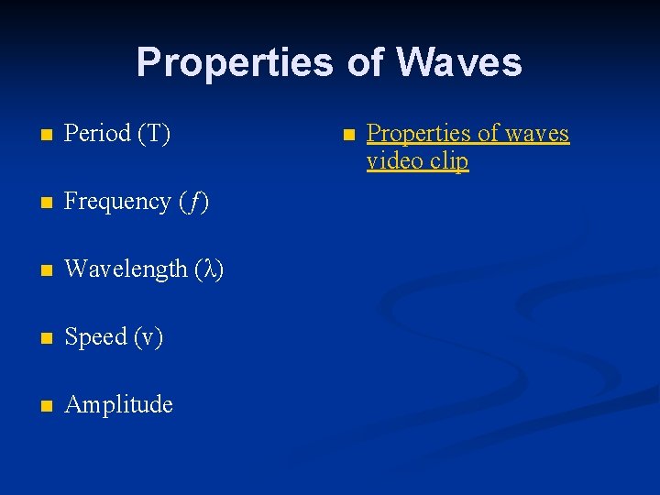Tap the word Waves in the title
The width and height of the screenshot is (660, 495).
460,62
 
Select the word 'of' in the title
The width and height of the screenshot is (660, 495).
367,62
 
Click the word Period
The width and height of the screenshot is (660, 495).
98,134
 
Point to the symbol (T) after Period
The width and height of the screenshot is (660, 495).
154,134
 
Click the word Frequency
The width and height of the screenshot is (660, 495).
116,202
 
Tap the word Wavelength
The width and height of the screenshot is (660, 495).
126,269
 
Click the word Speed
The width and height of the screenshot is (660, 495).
96,337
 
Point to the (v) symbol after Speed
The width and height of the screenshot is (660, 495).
148,337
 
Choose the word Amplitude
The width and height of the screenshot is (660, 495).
119,405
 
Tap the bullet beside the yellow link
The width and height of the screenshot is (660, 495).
348,135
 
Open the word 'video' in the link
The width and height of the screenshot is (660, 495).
395,161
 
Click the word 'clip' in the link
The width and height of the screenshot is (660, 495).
449,161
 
